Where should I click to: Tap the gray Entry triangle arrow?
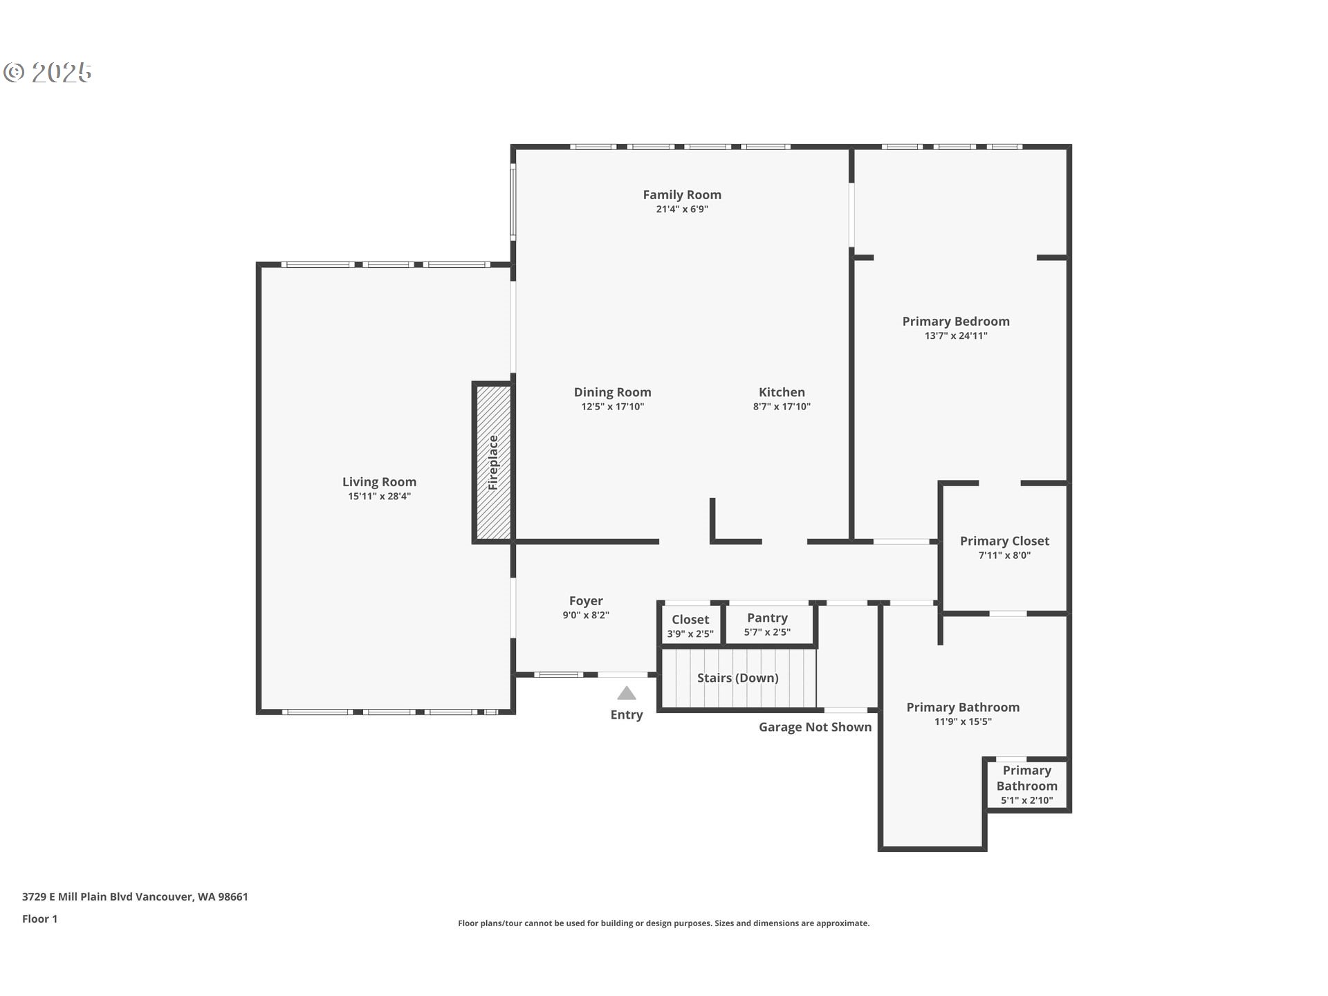(x=627, y=693)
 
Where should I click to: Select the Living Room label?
(x=379, y=482)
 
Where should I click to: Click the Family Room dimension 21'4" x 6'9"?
(x=682, y=209)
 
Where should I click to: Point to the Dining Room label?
(x=612, y=392)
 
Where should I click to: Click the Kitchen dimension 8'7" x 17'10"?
(x=782, y=407)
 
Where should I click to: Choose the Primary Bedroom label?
(x=956, y=321)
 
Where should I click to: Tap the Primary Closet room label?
(x=1004, y=541)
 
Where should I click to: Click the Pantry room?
(x=767, y=624)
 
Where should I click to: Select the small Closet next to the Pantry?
(x=690, y=625)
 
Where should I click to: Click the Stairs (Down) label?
(x=737, y=678)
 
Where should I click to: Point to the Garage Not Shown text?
(x=815, y=727)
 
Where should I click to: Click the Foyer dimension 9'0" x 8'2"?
(x=586, y=615)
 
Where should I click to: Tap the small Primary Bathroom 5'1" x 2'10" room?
(x=1026, y=785)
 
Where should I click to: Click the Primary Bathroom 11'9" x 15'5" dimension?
(x=963, y=721)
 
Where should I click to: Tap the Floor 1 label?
(x=39, y=919)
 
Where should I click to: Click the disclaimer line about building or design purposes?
(x=663, y=923)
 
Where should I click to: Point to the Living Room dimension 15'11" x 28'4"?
(x=379, y=496)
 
